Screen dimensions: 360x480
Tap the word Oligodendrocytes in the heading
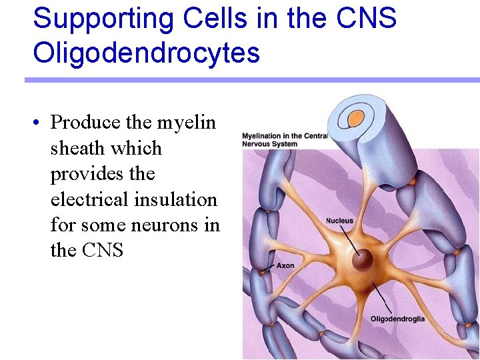tap(146, 53)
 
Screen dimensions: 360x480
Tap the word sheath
tap(78, 148)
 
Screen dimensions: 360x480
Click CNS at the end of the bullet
tap(104, 251)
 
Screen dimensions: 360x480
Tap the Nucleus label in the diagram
tap(339, 221)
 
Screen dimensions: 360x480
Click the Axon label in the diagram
tap(285, 265)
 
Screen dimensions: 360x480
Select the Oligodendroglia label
tap(397, 319)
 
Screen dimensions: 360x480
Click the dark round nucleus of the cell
tap(363, 260)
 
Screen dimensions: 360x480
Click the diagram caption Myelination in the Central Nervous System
tap(285, 140)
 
